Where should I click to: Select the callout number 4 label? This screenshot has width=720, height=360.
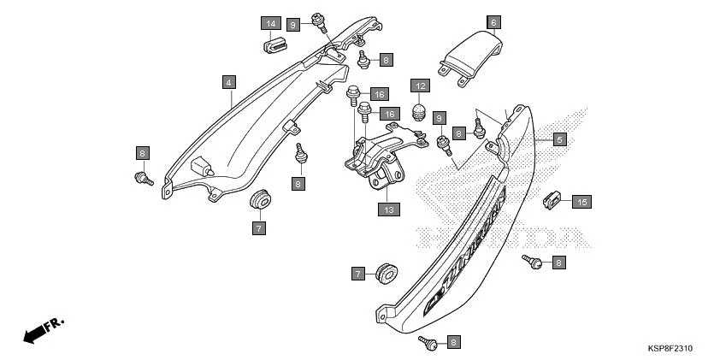tap(228, 83)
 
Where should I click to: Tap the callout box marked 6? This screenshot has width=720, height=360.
tap(493, 22)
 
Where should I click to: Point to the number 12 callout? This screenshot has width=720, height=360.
tap(420, 86)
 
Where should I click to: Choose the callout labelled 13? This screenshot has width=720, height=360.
tap(389, 208)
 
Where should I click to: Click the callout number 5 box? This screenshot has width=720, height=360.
tap(559, 139)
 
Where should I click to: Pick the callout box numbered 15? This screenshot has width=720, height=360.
tap(581, 203)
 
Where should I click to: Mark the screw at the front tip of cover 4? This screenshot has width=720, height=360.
tap(143, 178)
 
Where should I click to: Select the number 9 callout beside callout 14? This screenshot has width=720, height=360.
tap(292, 25)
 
